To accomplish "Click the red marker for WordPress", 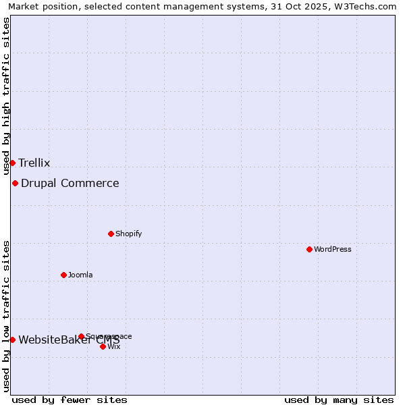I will pos(309,249).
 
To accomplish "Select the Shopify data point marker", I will pos(111,234).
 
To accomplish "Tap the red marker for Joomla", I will pos(63,275).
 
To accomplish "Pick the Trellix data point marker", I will pos(12,163).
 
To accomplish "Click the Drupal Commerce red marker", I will pos(15,183).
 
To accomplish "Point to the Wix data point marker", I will pos(103,346).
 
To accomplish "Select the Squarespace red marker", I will pos(81,336).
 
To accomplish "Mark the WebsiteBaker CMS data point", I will pos(12,340).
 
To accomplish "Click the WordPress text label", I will pos(333,249).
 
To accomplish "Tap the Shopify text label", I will pos(128,234).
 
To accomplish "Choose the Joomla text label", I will pos(80,275).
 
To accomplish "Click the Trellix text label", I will pos(34,163).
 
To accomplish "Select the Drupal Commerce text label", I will pos(70,183).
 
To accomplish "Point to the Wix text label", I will pos(114,346).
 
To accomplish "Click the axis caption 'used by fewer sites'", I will pos(70,400).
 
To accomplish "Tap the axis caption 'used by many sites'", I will pos(339,400).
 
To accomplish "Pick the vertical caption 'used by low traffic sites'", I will pos(6,316).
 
